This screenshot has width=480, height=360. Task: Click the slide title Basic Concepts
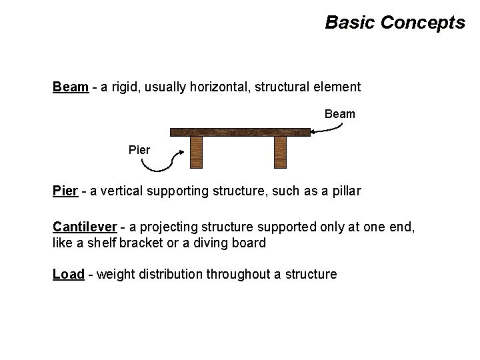(x=395, y=23)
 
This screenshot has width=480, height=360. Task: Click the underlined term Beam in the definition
(x=71, y=87)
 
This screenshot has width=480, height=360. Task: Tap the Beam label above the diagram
(x=339, y=114)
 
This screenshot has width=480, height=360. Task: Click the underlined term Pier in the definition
(x=65, y=192)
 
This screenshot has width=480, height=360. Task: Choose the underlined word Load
(x=68, y=274)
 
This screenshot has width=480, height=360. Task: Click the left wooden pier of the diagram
(x=197, y=153)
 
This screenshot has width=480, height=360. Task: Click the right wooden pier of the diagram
(x=280, y=153)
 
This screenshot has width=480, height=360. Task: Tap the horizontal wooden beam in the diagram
(x=240, y=132)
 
